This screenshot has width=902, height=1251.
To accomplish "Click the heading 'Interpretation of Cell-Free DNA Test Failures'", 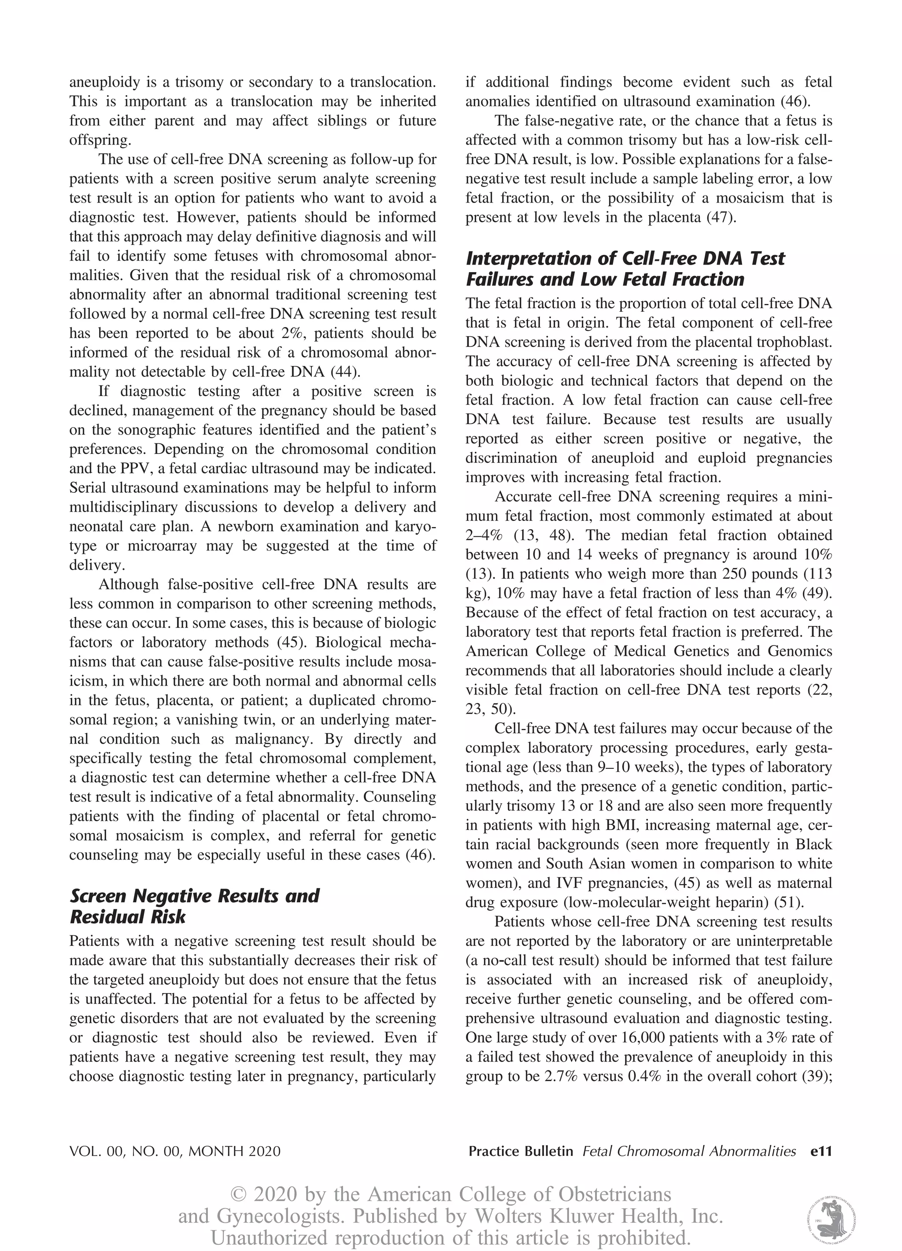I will click(x=625, y=269).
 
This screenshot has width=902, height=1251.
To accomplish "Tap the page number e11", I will click(x=821, y=1151).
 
